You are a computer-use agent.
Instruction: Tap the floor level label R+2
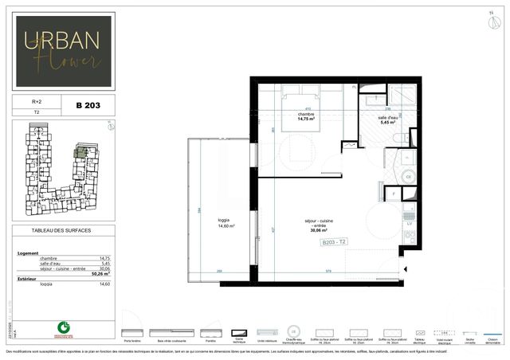tap(37, 102)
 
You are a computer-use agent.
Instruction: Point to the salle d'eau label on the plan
tap(388, 119)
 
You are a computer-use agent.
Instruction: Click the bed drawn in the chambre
tap(307, 99)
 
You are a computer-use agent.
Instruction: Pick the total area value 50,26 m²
tap(103, 273)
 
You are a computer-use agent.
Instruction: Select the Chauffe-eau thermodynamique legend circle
tap(293, 331)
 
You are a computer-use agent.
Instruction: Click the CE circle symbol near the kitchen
tap(410, 177)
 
